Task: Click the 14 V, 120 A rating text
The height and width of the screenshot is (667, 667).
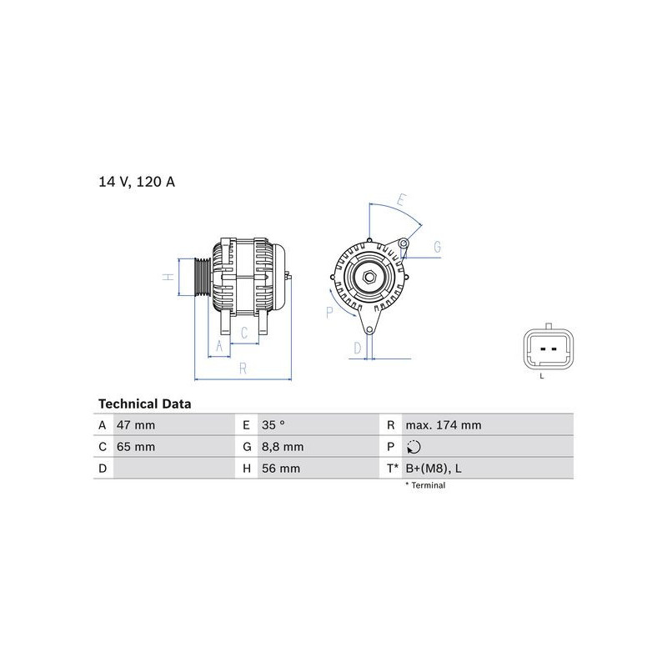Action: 137,182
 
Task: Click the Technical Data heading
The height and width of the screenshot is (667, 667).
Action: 144,404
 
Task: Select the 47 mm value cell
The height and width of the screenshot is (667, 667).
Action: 136,425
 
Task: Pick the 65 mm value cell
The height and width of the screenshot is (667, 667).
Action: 136,447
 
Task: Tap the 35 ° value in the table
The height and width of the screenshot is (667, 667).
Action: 273,425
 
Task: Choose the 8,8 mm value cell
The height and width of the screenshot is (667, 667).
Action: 283,447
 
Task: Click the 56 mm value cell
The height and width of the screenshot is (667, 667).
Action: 281,469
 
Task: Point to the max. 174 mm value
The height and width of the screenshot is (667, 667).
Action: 444,425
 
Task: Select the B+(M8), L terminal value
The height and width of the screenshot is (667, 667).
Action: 434,469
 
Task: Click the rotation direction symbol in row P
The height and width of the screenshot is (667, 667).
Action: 414,447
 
